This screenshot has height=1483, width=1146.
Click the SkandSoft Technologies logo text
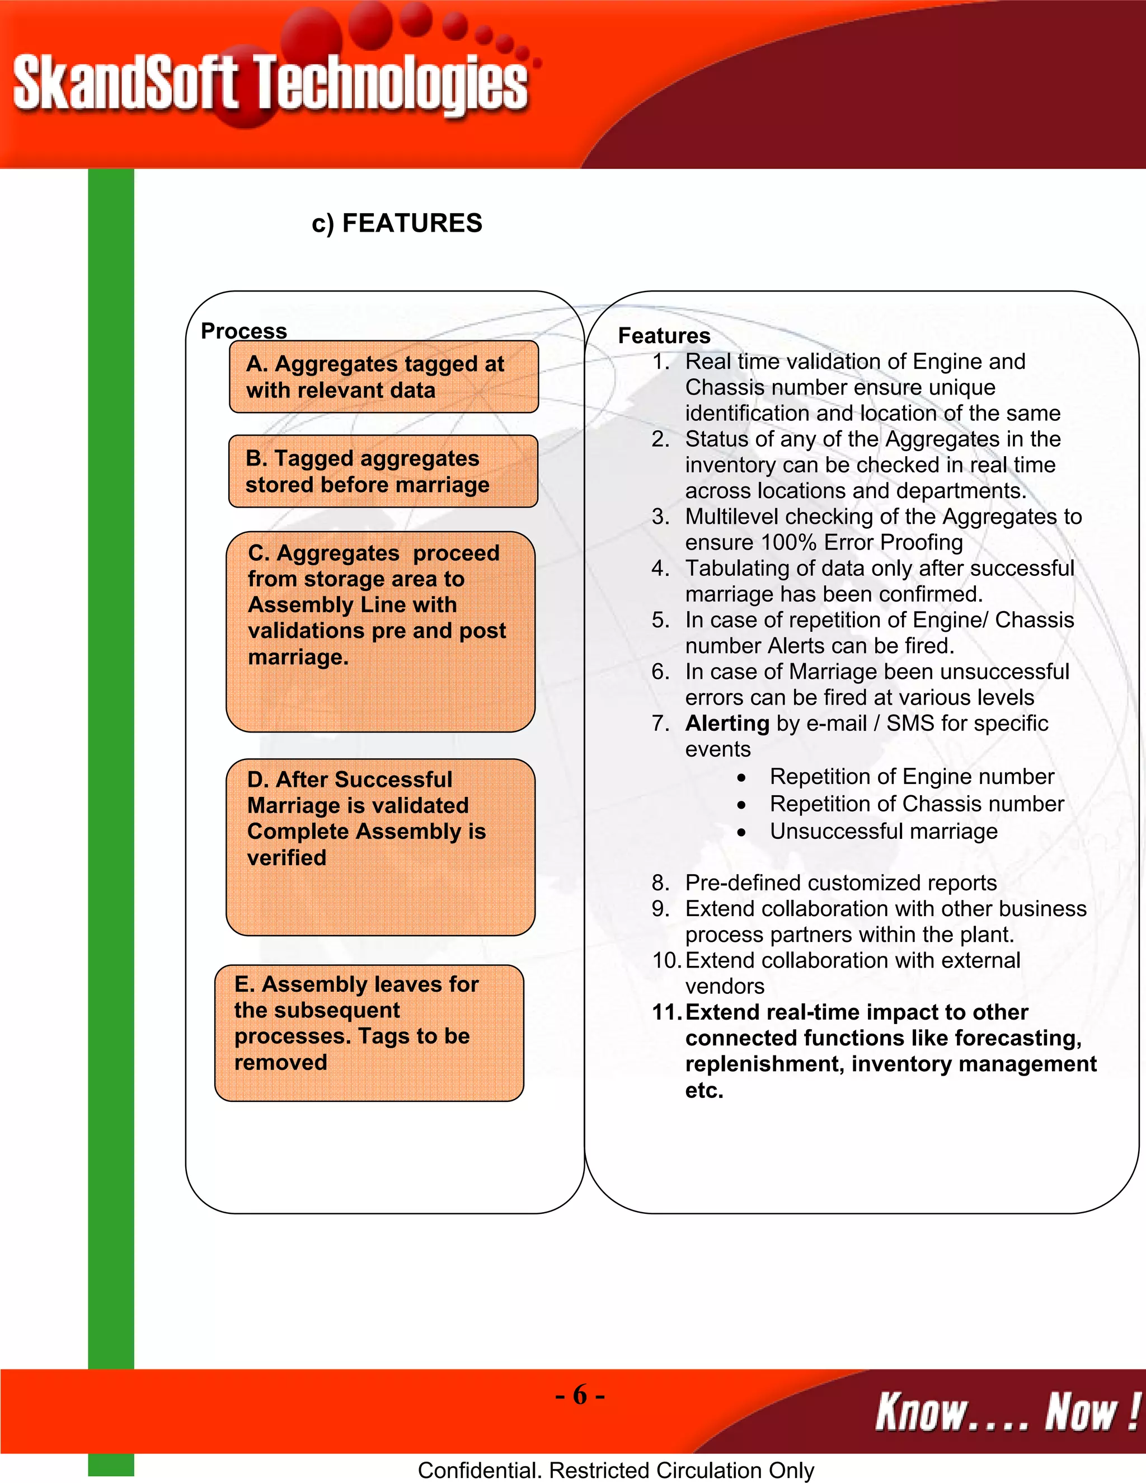[270, 83]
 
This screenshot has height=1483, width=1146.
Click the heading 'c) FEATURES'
[397, 223]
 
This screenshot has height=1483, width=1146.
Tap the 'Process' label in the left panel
[244, 331]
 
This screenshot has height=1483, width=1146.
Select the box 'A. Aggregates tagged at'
[383, 377]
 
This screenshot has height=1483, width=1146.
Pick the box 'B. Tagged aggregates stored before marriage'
[383, 471]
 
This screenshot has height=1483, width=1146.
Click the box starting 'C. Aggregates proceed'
[380, 631]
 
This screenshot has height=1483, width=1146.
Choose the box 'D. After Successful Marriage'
[380, 847]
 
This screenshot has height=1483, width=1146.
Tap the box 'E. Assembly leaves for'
[369, 1033]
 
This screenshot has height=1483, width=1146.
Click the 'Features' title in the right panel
[664, 335]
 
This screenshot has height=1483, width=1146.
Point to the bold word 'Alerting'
[727, 723]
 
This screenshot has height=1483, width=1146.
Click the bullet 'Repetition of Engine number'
[911, 776]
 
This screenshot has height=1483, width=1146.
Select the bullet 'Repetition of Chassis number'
[917, 804]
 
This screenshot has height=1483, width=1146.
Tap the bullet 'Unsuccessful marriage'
[883, 831]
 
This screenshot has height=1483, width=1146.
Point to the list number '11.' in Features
[666, 1012]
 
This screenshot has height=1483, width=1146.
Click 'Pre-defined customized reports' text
[840, 883]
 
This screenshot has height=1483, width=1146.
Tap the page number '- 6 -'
[579, 1395]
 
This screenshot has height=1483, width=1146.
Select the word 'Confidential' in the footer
[478, 1470]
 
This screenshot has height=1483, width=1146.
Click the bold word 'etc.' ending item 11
[704, 1091]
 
